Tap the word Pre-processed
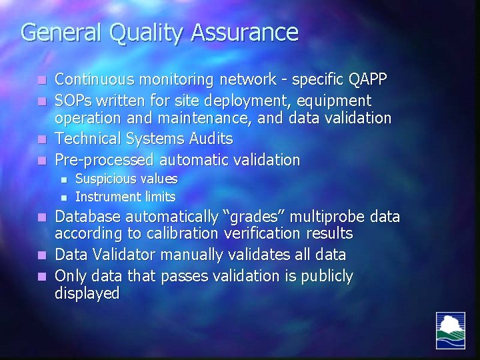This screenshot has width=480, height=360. point(104,160)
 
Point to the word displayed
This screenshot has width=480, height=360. point(87,294)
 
